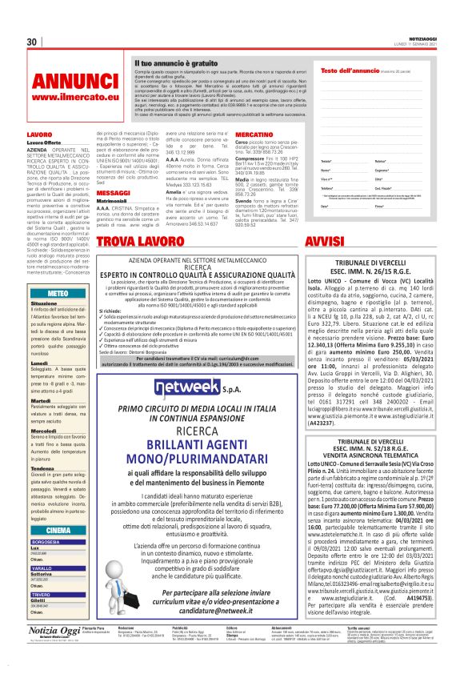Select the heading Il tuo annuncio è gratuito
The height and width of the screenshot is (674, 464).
tap(166, 62)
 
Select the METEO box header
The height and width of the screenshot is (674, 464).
tap(58, 294)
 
